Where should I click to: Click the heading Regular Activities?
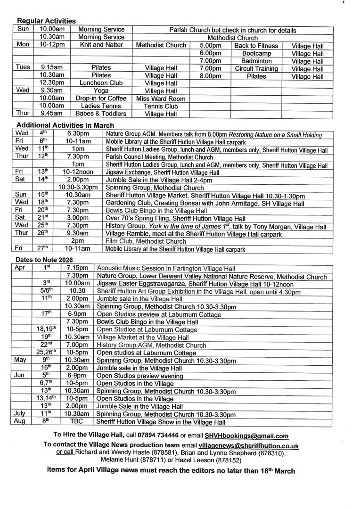click(x=46, y=21)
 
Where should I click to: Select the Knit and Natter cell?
click(x=101, y=45)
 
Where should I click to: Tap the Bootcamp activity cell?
click(x=256, y=53)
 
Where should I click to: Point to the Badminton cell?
click(x=256, y=61)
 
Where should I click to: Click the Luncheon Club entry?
click(x=101, y=83)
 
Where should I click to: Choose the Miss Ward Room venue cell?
click(x=161, y=99)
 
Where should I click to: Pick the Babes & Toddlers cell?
click(x=101, y=114)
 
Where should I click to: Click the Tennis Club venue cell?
click(x=161, y=106)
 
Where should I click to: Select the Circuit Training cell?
click(x=256, y=69)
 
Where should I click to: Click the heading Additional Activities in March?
click(x=65, y=125)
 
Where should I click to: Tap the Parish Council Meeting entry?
click(x=159, y=157)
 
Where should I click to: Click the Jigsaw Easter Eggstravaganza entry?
click(x=195, y=284)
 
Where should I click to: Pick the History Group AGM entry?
click(x=151, y=345)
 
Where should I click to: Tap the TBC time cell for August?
click(x=76, y=422)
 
